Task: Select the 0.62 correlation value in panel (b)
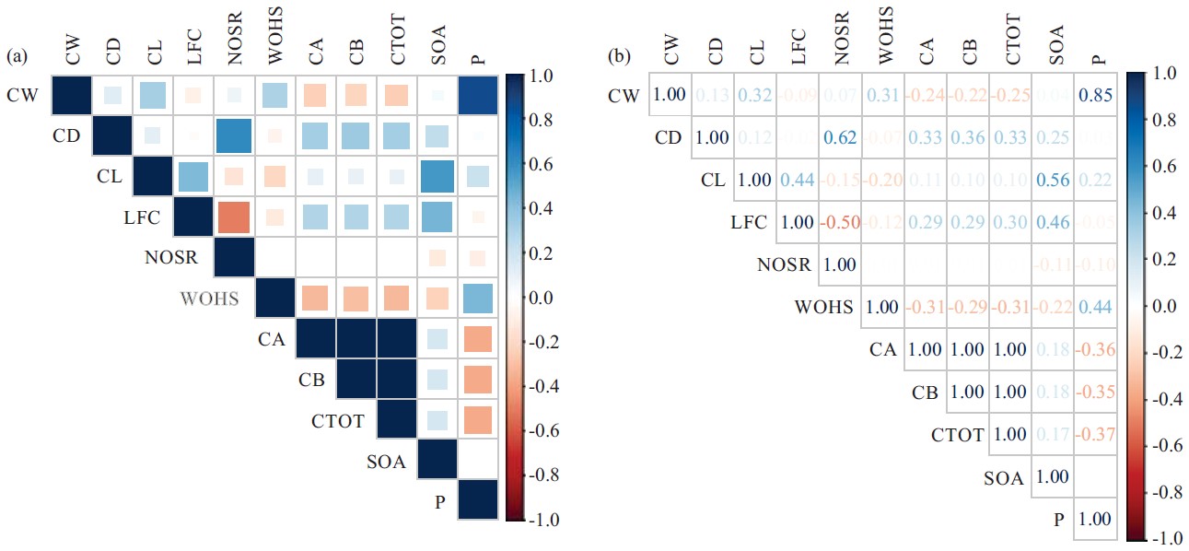tap(838, 137)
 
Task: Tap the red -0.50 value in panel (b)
tap(838, 222)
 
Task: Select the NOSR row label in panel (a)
tap(170, 258)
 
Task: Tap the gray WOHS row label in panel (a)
tap(210, 299)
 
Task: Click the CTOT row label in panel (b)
tap(957, 435)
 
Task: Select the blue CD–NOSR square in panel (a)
tap(234, 135)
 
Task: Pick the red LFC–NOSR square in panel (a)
tap(234, 217)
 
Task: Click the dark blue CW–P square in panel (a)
tap(477, 95)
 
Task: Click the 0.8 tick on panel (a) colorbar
tap(543, 121)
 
